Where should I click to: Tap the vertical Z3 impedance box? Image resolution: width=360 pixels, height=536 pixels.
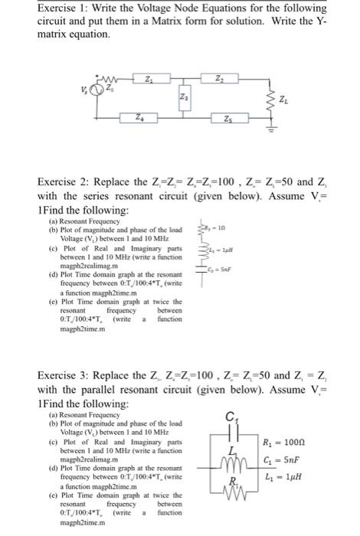tap(182, 98)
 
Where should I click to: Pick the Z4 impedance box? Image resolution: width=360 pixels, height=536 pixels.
tap(138, 119)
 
